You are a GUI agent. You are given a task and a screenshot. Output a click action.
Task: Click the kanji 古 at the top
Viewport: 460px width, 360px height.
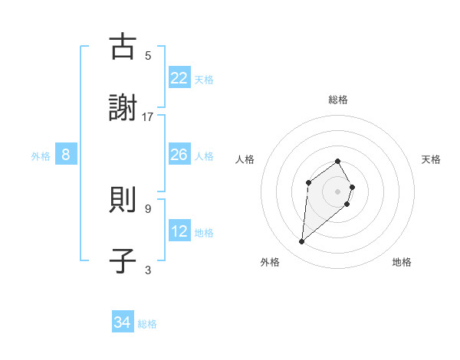coord(123,47)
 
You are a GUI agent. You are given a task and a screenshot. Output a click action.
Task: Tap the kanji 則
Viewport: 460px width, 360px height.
coord(123,201)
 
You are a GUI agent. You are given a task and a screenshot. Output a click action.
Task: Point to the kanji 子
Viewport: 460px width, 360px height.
coord(123,260)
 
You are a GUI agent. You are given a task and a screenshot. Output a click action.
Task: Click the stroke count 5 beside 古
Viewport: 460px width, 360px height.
coord(148,55)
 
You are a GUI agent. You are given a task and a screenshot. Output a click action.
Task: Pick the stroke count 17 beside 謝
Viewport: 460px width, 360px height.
coord(148,116)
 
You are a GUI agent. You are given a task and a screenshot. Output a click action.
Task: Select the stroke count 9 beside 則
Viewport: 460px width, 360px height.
coord(148,208)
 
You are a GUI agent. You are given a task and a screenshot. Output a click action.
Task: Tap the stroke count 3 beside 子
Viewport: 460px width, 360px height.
coord(148,270)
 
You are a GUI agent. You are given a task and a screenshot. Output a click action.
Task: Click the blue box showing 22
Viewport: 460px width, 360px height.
coord(179,78)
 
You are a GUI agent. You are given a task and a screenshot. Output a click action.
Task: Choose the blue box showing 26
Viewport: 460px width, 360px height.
coord(179,155)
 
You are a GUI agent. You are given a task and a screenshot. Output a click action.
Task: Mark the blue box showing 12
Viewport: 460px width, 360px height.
coord(179,232)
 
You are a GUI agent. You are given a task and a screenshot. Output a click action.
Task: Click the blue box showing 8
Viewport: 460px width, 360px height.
coord(66,155)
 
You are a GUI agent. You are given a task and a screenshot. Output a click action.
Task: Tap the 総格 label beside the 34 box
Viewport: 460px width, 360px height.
coord(147,324)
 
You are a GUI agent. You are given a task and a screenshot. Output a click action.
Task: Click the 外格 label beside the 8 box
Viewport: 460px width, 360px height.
coord(41,156)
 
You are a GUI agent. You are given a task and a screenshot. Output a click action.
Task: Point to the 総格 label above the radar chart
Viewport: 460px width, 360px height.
coord(337,100)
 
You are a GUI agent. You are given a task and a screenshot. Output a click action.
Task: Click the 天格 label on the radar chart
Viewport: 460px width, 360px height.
coord(431,159)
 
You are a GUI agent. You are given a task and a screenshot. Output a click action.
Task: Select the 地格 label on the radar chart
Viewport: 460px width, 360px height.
coord(402,262)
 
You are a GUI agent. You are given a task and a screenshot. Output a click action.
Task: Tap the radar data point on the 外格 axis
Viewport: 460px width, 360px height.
coord(302,242)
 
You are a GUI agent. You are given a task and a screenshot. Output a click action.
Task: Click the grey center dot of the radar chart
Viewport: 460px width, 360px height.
coord(337,191)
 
